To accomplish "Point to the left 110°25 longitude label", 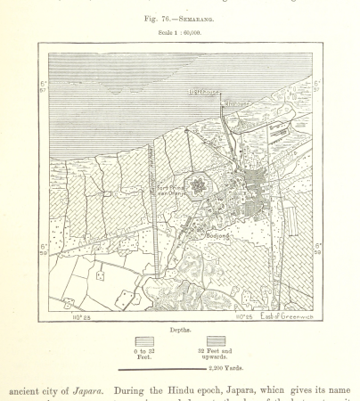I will click(x=80, y=316).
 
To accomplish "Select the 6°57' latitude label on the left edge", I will click(x=43, y=88).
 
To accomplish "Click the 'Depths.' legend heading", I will click(x=180, y=328).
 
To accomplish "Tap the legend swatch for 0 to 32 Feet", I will click(x=143, y=341).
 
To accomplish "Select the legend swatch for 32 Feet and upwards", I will click(x=216, y=341).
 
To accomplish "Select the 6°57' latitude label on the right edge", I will click(x=318, y=88).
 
